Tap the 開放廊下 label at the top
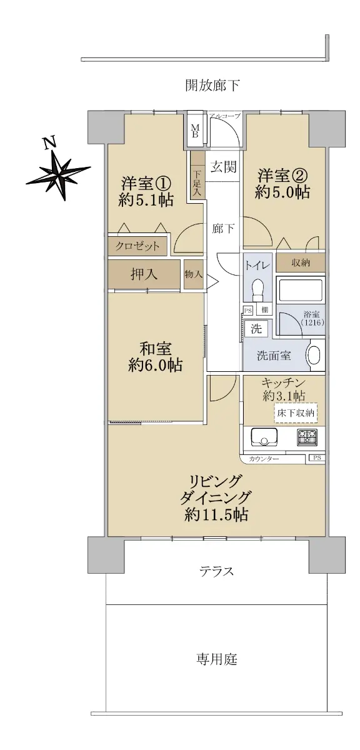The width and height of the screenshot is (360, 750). (x=212, y=85)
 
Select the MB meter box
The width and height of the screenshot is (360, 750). (x=195, y=129)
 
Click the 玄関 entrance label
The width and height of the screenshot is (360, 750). (x=223, y=167)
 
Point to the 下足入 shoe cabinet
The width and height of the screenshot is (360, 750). (x=197, y=176)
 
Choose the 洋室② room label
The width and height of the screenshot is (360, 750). (x=282, y=176)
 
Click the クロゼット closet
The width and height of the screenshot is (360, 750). (x=137, y=246)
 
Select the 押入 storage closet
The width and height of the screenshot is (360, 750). (x=144, y=274)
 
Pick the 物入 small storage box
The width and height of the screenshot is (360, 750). (x=194, y=274)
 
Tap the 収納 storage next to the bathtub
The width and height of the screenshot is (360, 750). (x=301, y=263)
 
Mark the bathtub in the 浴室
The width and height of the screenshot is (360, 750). (x=301, y=290)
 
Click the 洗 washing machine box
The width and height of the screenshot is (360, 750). (x=256, y=329)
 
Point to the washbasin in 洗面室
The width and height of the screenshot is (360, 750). (x=314, y=356)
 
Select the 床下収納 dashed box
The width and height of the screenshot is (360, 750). (x=296, y=413)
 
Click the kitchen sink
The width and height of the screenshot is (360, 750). (x=264, y=438)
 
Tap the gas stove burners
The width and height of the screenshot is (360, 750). (x=307, y=437)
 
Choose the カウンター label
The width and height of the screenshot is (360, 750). (x=264, y=459)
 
